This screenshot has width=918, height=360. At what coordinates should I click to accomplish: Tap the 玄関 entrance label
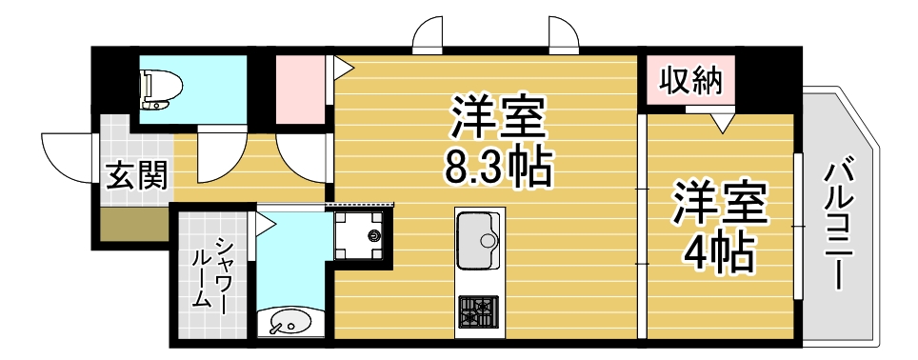coord(136,175)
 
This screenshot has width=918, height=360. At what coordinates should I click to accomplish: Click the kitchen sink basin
coord(478,241)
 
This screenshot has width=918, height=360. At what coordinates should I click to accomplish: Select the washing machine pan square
coord(363,233)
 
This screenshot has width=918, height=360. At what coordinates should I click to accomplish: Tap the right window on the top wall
coord(564,35)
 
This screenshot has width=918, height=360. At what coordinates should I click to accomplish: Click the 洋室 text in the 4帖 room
coord(720,203)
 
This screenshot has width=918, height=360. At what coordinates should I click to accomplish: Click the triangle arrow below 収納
coord(722,121)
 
